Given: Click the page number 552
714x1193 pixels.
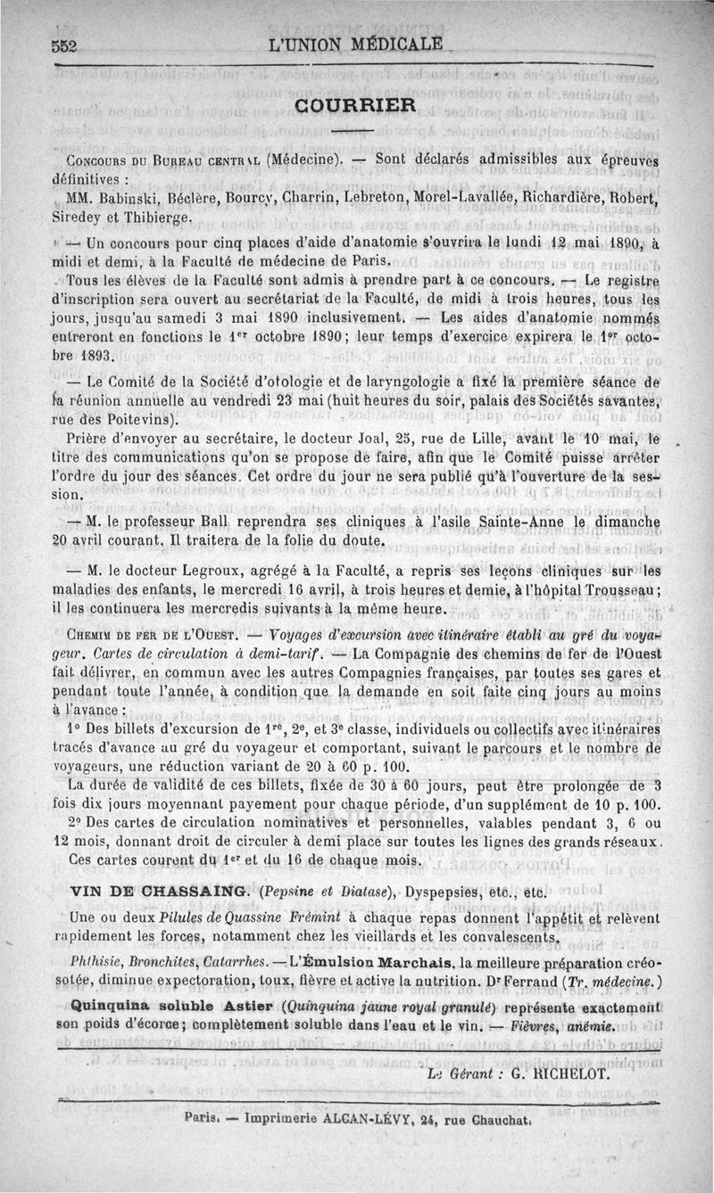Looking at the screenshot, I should (66, 45).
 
